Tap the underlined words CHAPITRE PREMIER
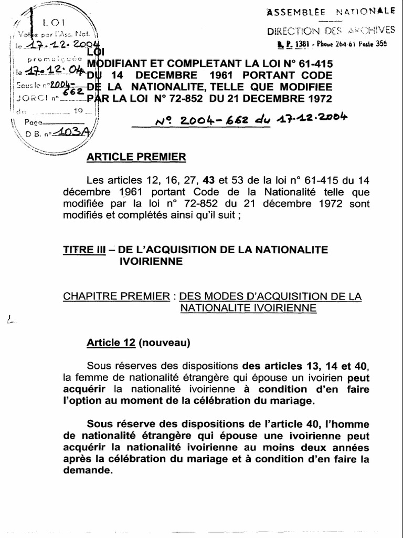(x=116, y=296)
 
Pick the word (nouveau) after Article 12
(x=164, y=343)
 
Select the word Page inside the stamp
(x=35, y=122)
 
